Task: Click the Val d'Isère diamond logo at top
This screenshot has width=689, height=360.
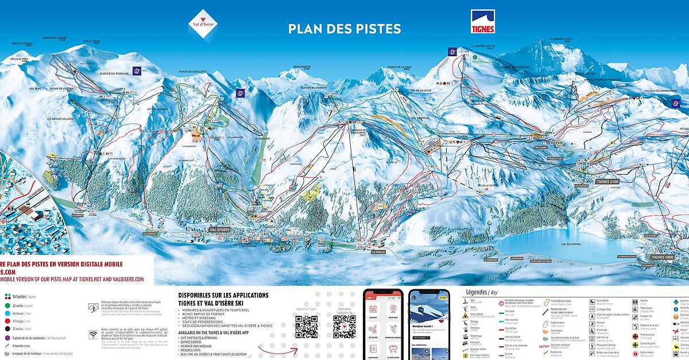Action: click(x=203, y=24)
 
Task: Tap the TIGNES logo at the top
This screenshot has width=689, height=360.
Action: click(x=483, y=21)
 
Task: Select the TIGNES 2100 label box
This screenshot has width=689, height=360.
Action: click(x=607, y=181)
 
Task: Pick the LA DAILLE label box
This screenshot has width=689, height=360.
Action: click(x=378, y=251)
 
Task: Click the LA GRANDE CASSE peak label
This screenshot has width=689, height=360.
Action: click(x=560, y=39)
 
